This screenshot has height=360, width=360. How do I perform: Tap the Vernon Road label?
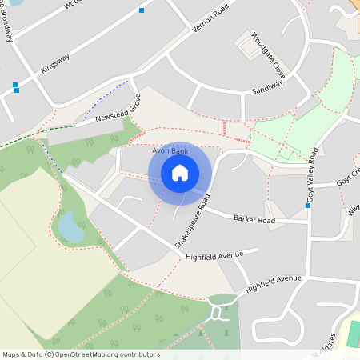pos(210,18)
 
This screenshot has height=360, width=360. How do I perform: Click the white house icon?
pos(180,173)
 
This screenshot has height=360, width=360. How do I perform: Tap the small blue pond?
pos(70,226)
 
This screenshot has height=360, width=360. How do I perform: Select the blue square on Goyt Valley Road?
pos(308,206)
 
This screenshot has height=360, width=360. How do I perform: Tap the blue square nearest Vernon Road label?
pos(142,10)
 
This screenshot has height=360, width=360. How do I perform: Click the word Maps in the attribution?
pos(11,354)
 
